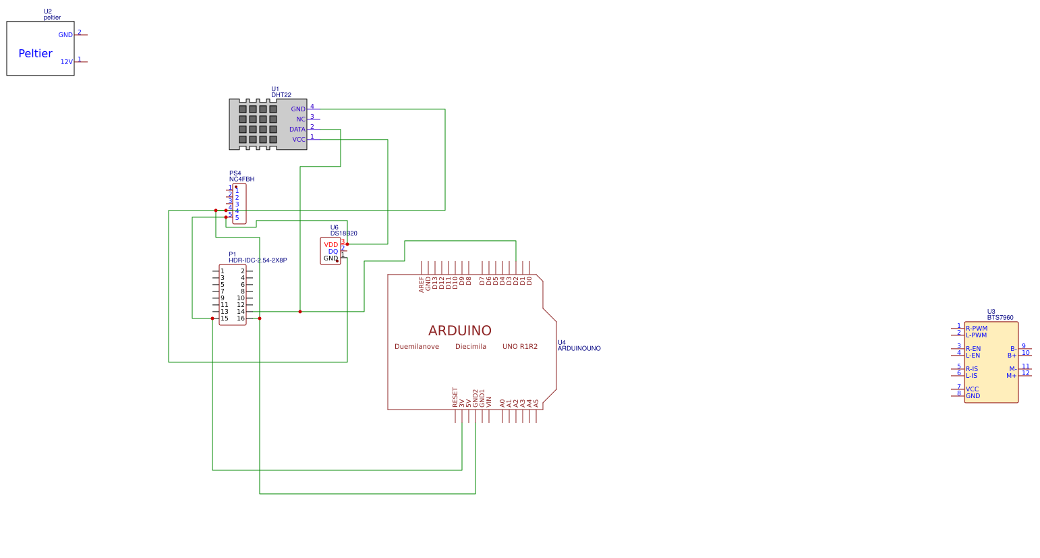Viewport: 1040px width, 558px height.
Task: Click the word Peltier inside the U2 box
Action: point(35,54)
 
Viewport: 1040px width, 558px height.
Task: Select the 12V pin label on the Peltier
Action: point(66,62)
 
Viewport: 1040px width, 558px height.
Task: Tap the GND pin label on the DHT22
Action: point(298,109)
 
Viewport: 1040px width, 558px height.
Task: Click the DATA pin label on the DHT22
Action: point(297,130)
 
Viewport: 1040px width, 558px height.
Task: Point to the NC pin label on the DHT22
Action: point(301,119)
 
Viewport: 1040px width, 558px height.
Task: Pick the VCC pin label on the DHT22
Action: point(298,140)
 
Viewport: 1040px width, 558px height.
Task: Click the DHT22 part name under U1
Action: point(281,95)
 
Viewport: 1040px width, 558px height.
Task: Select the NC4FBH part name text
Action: point(241,179)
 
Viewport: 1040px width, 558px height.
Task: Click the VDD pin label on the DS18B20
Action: point(330,245)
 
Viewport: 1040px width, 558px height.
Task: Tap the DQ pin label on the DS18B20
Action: point(333,252)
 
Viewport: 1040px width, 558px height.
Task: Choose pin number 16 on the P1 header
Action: point(241,318)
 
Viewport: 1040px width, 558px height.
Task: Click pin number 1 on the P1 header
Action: point(223,271)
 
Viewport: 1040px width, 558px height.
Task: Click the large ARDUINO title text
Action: point(459,331)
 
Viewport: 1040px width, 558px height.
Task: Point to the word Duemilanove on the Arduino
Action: point(416,347)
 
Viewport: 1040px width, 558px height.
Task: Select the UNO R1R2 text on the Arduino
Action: point(519,347)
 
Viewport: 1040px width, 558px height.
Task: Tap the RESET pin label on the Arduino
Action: point(455,397)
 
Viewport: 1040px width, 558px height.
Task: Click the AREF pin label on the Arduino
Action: point(422,284)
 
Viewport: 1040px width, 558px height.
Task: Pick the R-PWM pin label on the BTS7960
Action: point(976,329)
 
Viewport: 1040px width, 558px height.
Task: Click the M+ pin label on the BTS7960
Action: point(1011,376)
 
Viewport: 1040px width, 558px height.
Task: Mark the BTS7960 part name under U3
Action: point(1000,318)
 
